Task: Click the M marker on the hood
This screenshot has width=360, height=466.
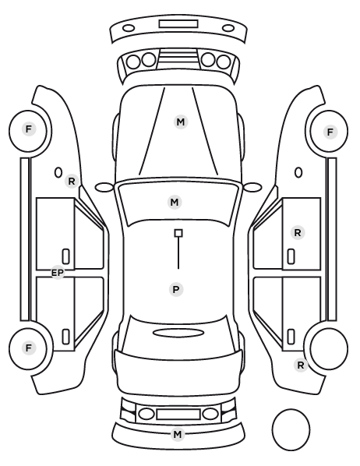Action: (181, 122)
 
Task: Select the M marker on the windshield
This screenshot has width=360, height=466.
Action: (175, 203)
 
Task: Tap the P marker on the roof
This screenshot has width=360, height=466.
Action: (176, 289)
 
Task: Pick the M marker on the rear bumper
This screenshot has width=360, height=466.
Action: (178, 435)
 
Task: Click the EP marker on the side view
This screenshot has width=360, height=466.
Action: (58, 273)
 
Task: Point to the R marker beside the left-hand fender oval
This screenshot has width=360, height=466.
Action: (72, 182)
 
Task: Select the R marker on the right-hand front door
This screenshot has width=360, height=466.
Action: (298, 233)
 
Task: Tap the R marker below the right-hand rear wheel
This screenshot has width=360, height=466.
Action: (301, 365)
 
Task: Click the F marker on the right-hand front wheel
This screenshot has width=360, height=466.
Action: (330, 132)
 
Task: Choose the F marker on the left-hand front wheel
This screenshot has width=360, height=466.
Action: (29, 129)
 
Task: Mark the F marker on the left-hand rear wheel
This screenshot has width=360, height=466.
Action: (29, 348)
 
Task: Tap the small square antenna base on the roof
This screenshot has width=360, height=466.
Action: (178, 233)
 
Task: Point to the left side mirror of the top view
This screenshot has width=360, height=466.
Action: (104, 188)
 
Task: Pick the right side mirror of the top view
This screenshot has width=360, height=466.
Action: (252, 187)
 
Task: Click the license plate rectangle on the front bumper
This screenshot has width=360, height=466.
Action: (178, 24)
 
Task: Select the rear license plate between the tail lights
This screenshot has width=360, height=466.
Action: (178, 414)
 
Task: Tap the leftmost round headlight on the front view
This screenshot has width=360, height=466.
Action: (133, 62)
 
